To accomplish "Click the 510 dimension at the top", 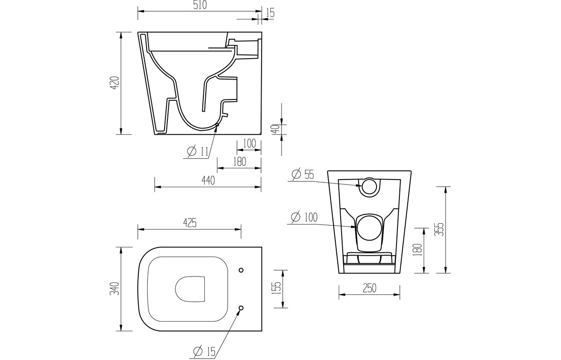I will [199, 5].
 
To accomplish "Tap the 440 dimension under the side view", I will [208, 180].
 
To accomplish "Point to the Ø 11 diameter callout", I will [198, 151].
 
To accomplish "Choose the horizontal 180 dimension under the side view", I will [239, 162].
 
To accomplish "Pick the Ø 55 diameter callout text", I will [303, 174].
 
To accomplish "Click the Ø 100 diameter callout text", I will [304, 217].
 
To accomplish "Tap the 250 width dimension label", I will [369, 288].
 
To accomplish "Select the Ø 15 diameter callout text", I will [204, 351].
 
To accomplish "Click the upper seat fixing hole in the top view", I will [242, 270].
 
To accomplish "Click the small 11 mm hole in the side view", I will [217, 125].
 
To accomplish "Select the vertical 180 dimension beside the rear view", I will [420, 250].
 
